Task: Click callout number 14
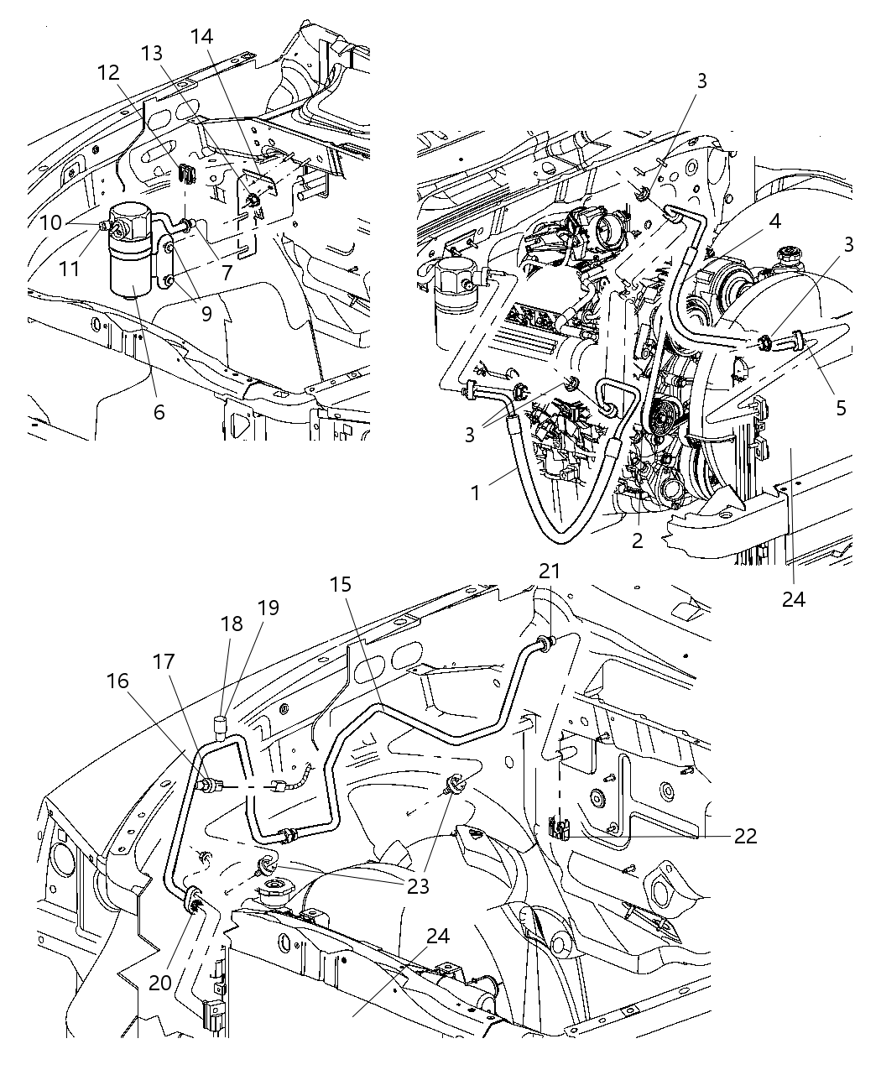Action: (x=201, y=37)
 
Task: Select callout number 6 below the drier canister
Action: (x=159, y=412)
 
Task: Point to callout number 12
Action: (x=109, y=73)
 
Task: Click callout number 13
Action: (x=152, y=53)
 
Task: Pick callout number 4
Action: (x=774, y=222)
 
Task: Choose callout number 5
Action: (x=841, y=408)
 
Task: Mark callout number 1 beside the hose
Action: (x=476, y=493)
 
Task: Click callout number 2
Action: (x=638, y=540)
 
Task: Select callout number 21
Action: (x=550, y=572)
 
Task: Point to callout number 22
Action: (x=745, y=836)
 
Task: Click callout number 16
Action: (x=118, y=681)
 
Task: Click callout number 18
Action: (x=232, y=624)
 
